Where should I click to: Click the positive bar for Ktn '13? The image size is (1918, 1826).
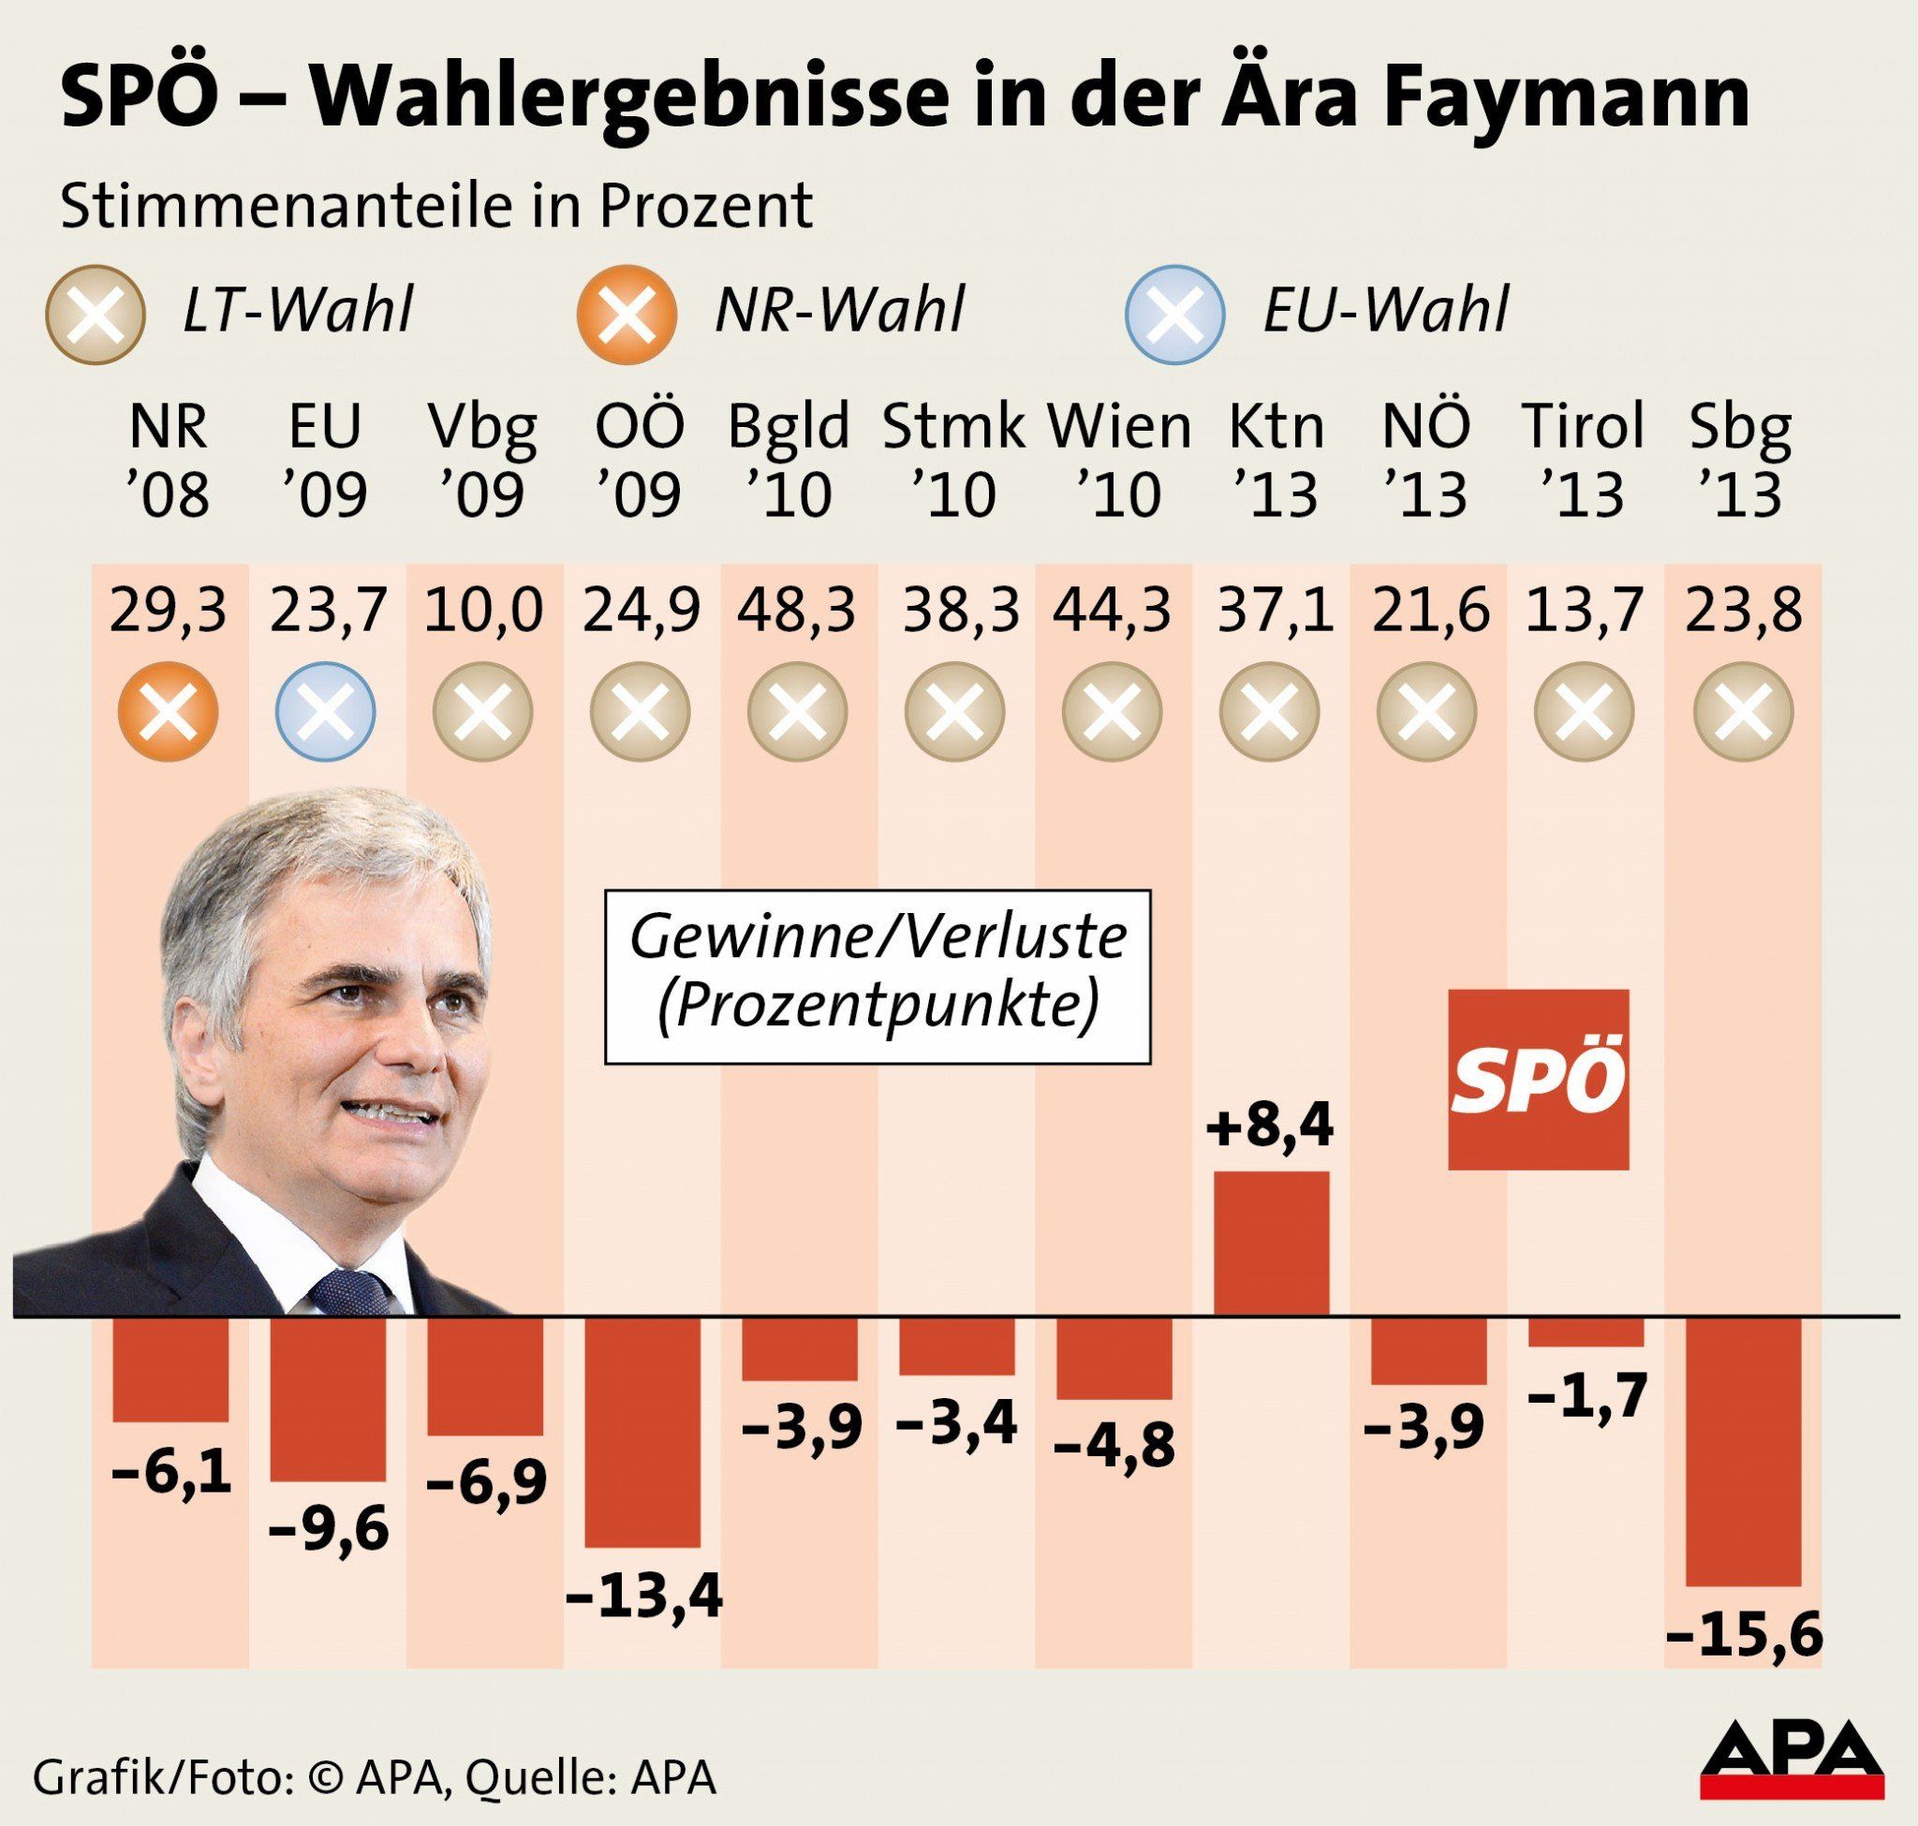[1272, 1244]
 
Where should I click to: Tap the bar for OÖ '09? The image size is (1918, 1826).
[642, 1432]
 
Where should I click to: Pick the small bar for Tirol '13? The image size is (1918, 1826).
[1585, 1333]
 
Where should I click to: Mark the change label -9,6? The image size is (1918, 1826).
[327, 1529]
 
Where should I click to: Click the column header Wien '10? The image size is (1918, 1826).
[1118, 460]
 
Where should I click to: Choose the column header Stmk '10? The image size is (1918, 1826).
[954, 460]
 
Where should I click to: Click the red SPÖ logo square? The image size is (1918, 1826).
[1539, 1080]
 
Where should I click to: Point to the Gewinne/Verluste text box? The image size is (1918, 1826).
[878, 977]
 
